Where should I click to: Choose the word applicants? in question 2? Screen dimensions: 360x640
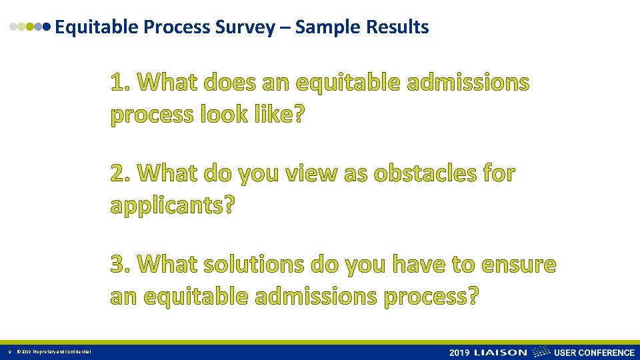[x=173, y=205]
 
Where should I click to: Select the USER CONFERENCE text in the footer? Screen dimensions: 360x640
[x=595, y=352]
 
